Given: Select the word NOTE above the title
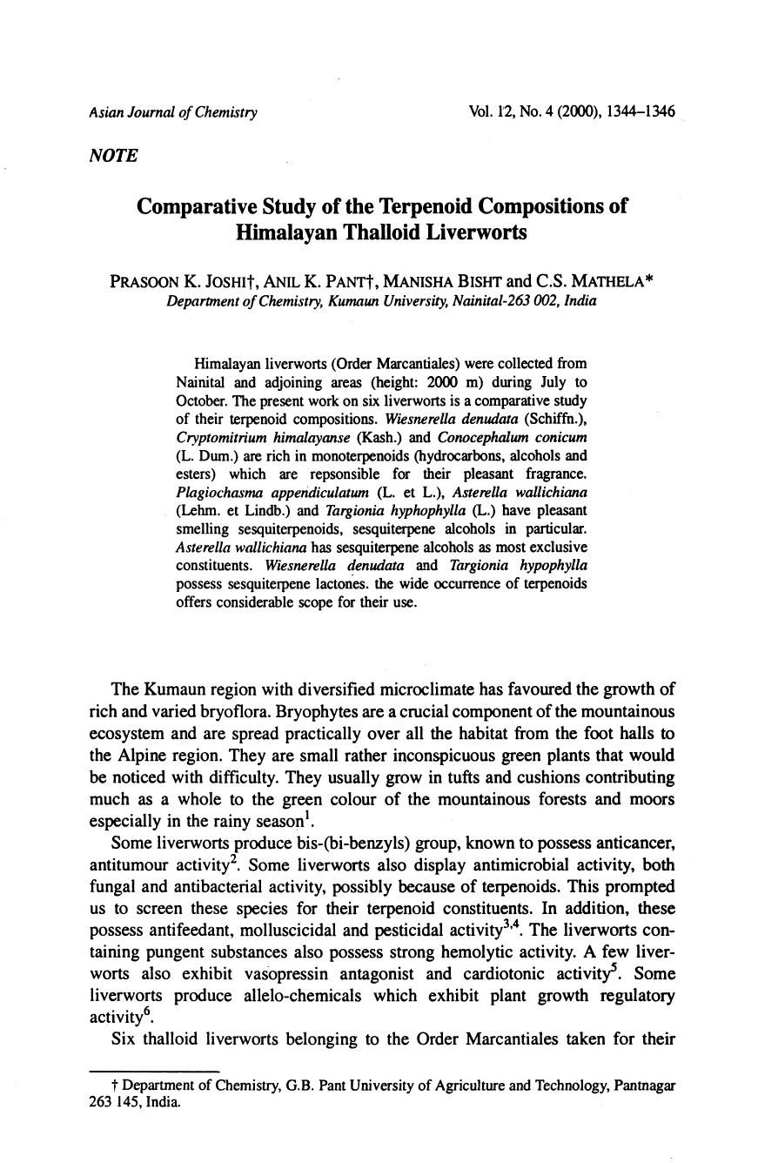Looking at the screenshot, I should (x=113, y=155).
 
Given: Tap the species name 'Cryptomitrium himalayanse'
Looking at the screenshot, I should (x=237, y=437).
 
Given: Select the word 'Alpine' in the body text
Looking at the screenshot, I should (x=144, y=756).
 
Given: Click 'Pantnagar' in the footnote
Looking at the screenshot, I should (x=645, y=1086).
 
